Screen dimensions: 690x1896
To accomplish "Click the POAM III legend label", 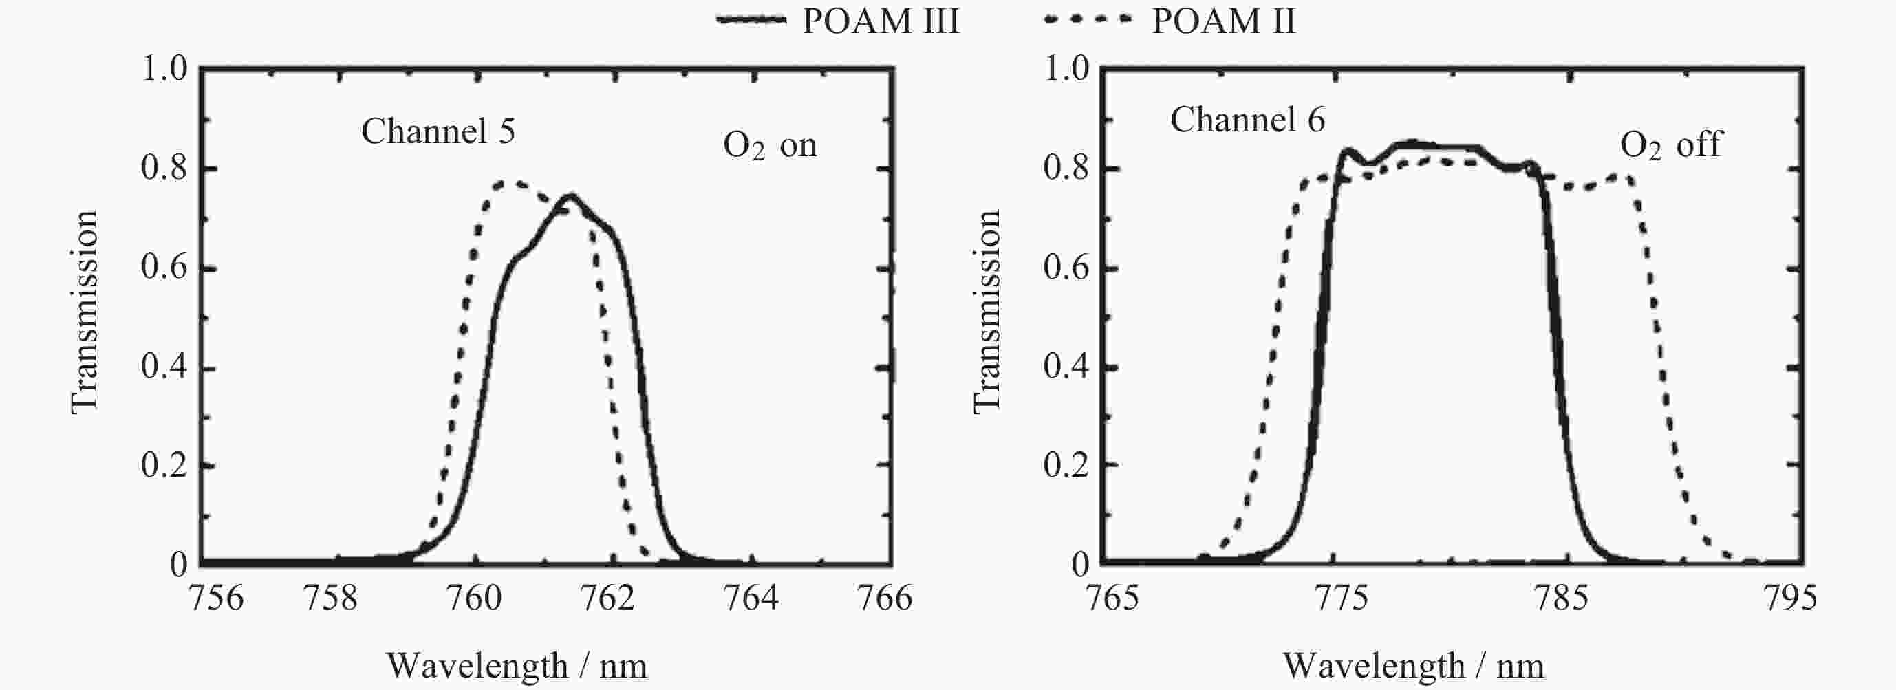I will (881, 21).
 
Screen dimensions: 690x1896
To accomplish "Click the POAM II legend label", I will (1222, 21).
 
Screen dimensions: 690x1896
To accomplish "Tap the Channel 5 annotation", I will (438, 132).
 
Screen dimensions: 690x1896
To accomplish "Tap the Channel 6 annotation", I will (1247, 119).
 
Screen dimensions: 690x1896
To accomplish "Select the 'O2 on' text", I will (770, 146).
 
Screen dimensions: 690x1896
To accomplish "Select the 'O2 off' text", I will (1671, 146).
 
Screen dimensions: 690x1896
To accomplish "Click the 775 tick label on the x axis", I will (1340, 598).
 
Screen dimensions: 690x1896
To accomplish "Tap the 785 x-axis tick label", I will (1566, 598).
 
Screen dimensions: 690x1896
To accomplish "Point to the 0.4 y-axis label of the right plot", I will (1066, 367).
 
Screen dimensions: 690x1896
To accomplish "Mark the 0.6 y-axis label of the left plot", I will (164, 268).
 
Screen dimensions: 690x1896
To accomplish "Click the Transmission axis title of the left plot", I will (84, 312).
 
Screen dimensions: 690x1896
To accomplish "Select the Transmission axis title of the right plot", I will (987, 312).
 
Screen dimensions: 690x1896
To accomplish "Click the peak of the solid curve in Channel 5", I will (570, 196).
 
